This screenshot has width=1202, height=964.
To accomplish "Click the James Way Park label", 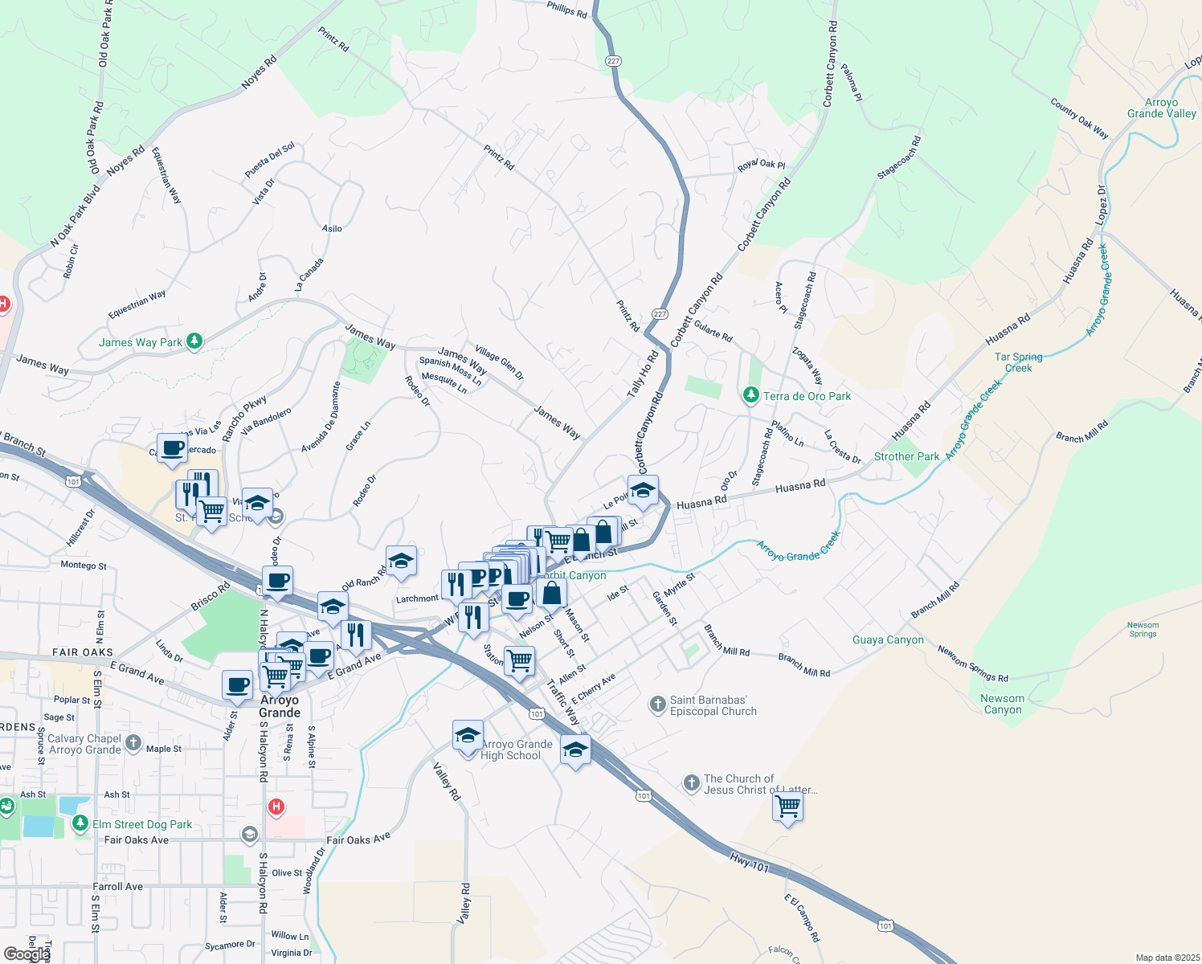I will point(141,342).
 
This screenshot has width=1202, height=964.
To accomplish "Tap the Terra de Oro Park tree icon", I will point(750,395).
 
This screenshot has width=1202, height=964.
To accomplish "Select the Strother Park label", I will point(906,456).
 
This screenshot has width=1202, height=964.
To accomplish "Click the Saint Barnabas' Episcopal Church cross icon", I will point(657,705).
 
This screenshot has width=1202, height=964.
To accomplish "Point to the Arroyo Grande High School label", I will point(517,750).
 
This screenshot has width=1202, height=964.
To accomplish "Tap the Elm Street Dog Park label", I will point(142,824).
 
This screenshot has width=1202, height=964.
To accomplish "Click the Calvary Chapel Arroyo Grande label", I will point(84,744).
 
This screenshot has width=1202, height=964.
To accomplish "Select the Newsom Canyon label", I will point(1002,704).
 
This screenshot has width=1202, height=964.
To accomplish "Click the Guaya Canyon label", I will point(888,639).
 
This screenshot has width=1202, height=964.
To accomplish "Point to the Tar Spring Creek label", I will point(1018,362).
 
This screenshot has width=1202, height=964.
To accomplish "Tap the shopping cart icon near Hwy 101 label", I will point(788,807).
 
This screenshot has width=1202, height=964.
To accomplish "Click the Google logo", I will point(26,954).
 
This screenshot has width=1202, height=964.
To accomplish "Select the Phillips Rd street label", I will point(567,9).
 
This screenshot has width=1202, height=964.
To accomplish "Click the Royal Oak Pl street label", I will point(761,165).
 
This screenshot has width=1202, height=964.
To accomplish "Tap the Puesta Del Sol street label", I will point(270,161).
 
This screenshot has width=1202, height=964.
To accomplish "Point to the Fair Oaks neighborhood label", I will point(83,652).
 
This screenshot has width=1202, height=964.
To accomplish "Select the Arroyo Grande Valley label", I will point(1161,108).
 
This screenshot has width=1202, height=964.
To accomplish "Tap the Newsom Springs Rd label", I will point(972,664).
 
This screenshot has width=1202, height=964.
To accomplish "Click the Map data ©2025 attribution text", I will point(1167,958).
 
